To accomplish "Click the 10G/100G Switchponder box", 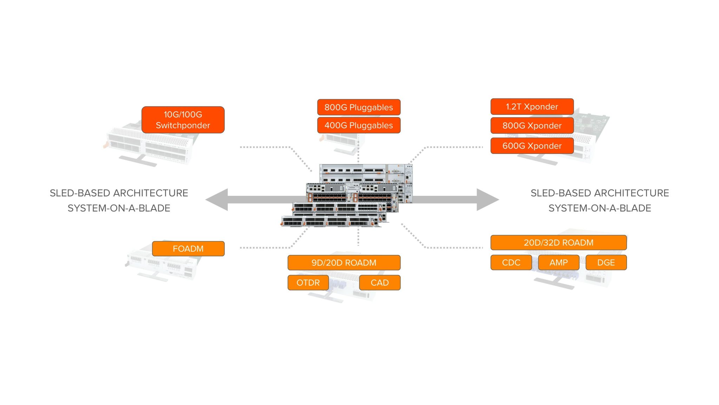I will [x=183, y=120].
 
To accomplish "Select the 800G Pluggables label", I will [x=358, y=107].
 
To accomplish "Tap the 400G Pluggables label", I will [x=358, y=126].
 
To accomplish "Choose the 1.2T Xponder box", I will [x=532, y=107].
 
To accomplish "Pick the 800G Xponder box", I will [x=532, y=126].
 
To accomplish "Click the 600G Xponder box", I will [x=532, y=146].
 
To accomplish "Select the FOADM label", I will [x=188, y=249].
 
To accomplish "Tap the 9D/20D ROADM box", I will [x=344, y=263].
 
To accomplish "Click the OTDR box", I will [x=308, y=283].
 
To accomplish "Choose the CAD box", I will [x=380, y=283].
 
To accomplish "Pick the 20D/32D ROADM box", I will [x=558, y=243].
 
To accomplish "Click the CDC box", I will [x=511, y=263].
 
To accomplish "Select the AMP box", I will [x=558, y=263].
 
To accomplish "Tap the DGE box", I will [x=606, y=263].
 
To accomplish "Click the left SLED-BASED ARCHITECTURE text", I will [x=119, y=193].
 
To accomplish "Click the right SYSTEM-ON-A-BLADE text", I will [x=600, y=208].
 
